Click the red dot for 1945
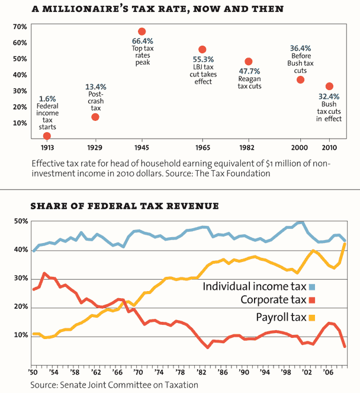tap(142, 31)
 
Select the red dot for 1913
tap(47, 136)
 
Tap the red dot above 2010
tap(329, 87)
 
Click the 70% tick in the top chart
tap(20, 27)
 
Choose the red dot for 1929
tap(95, 117)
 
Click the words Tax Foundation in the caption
tap(246, 174)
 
